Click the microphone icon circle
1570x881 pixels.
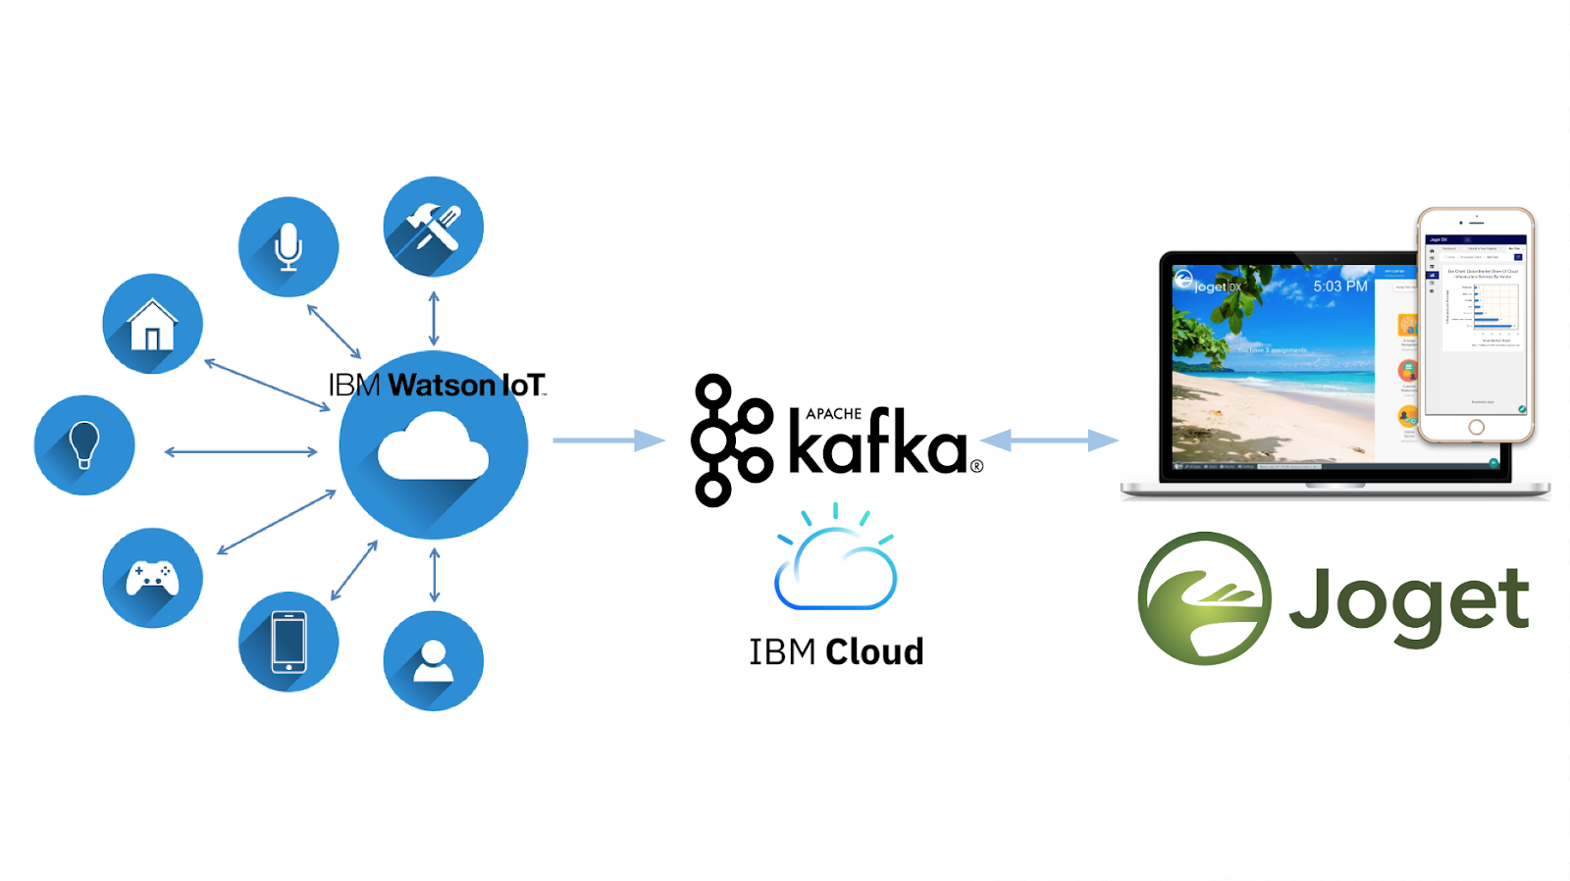288,246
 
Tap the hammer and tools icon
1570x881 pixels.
434,227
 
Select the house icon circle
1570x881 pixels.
152,324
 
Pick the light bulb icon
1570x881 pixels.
84,444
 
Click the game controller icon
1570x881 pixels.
152,578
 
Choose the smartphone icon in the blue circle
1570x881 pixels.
288,642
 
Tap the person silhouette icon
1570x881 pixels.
434,660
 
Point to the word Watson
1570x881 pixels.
442,385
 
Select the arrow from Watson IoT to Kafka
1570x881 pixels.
608,440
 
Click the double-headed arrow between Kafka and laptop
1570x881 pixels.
1049,440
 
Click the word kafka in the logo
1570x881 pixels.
878,447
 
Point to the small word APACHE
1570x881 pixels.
833,414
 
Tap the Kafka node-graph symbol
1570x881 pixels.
730,440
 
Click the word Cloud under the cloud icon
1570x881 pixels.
874,651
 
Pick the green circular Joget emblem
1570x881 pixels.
1204,598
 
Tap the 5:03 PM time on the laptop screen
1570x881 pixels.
1339,286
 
